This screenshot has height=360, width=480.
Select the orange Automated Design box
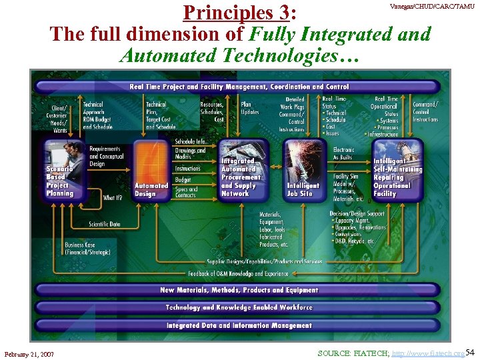151,169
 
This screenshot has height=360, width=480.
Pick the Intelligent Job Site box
304,169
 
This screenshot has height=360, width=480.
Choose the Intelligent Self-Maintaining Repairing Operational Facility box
396,169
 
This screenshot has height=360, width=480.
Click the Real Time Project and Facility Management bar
239,86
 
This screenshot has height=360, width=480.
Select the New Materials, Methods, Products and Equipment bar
239,290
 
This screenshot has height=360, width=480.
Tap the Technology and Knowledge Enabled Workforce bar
239,307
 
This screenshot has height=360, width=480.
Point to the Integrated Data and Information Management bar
239,325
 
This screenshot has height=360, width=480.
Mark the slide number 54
470,351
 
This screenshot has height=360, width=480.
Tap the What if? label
113,198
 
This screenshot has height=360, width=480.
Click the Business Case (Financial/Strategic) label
88,249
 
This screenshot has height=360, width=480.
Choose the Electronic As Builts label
345,154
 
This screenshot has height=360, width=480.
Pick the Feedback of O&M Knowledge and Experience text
239,273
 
